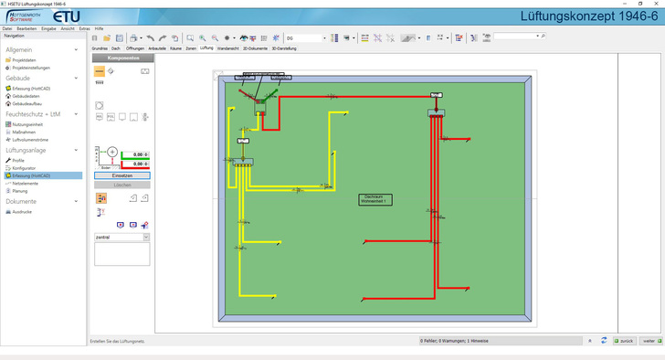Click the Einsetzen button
[121, 175]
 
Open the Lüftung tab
[206, 48]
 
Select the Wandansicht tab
[227, 48]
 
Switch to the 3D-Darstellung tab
[287, 48]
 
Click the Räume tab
[175, 48]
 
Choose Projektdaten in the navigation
[24, 60]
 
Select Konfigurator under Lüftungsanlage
[25, 168]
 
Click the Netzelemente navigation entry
[26, 184]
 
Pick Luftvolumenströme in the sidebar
[29, 139]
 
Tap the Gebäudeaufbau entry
[27, 103]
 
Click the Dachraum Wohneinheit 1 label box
[375, 198]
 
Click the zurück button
[624, 340]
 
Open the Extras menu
[84, 28]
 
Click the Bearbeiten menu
[26, 28]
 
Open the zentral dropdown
[121, 237]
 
